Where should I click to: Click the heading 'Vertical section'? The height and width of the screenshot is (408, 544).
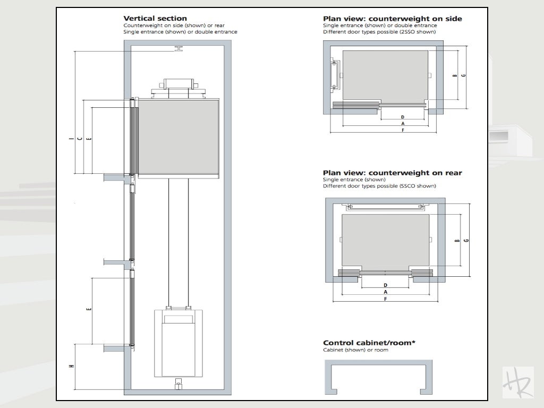pos(155,19)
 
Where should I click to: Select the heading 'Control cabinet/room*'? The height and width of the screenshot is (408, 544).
pos(369,343)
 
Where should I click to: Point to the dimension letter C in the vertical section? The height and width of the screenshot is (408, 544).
pos(80,139)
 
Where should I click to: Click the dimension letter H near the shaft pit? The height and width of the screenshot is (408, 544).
pos(71,366)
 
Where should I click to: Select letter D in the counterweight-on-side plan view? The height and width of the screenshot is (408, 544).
pos(402,117)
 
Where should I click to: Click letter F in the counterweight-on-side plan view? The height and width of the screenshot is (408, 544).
pos(402,130)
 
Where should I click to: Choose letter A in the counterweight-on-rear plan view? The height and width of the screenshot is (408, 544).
pos(385,292)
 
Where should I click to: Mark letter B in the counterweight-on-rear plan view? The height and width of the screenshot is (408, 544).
pos(457,241)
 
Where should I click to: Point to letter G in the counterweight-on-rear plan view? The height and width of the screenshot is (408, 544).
pos(466,241)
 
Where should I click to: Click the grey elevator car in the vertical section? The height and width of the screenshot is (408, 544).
pos(178,137)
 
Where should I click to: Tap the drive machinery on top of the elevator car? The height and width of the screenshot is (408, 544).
pos(178,87)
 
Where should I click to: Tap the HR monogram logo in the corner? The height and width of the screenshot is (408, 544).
pos(517,381)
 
